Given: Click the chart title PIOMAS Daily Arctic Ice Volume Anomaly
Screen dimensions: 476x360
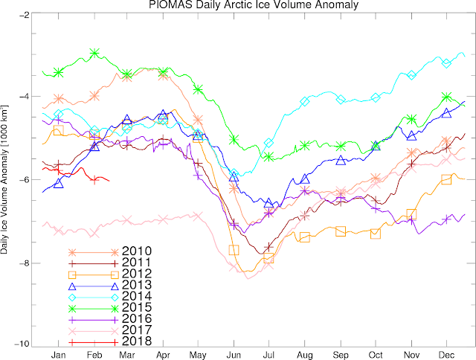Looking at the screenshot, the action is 254,4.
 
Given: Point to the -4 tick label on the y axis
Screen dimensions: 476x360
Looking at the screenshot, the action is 24,96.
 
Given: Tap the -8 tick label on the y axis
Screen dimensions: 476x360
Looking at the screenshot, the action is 24,263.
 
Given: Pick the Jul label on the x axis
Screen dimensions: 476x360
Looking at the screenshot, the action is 268,355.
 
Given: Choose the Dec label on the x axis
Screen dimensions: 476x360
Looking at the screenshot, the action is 446,355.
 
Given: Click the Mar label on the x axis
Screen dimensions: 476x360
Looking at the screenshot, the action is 127,355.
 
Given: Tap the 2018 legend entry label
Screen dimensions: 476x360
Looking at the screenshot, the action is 137,341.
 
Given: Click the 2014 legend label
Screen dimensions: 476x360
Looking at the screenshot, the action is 137,296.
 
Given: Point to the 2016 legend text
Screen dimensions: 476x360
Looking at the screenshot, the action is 137,318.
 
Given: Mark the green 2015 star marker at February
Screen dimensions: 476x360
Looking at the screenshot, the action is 94,53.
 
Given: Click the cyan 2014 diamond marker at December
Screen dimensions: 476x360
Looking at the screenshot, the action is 446,63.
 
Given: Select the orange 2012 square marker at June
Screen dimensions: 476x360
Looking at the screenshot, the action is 234,250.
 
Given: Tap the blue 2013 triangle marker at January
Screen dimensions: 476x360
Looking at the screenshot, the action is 58,184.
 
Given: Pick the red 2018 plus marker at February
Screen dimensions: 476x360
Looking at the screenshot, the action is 94,180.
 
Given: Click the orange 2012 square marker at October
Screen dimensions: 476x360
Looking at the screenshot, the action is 376,234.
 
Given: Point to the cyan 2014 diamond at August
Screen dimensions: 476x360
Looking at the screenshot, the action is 304,102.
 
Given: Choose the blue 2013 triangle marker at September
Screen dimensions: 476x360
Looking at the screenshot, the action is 341,160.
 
